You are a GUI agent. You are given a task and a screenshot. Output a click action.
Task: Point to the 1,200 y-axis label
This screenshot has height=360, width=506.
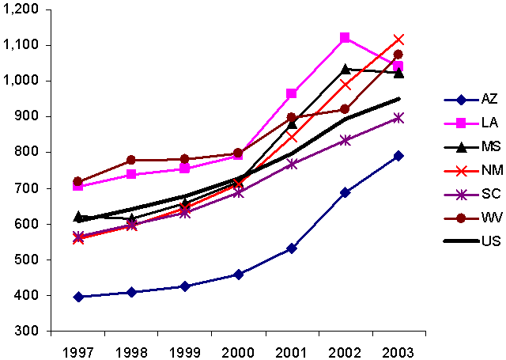click(25, 9)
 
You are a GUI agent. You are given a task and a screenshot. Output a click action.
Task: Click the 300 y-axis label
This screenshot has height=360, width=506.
click(31, 331)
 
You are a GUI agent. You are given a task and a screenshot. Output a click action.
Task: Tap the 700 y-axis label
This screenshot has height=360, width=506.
click(31, 188)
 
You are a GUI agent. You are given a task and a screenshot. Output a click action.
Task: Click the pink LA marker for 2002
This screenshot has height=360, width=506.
click(345, 38)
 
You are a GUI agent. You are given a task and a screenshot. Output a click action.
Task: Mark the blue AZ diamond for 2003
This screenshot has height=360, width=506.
click(398, 156)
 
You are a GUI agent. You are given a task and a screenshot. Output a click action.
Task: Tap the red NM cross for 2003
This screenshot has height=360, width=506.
click(398, 40)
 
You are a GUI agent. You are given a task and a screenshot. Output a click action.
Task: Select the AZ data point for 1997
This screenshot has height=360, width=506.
click(77, 297)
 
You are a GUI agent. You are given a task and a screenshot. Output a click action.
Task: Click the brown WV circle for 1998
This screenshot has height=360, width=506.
click(131, 160)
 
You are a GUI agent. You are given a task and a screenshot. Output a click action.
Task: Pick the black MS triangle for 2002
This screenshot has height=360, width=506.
click(345, 69)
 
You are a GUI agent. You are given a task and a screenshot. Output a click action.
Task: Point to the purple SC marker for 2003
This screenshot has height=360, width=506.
click(398, 118)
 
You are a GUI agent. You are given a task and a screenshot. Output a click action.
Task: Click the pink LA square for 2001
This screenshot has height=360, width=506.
click(292, 93)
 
